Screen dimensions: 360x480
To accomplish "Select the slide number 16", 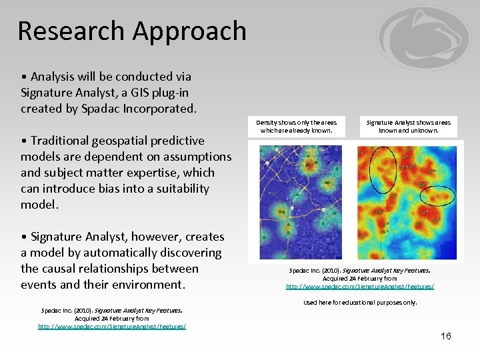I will click(445, 336).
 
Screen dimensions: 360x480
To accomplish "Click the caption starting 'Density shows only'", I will click(297, 126).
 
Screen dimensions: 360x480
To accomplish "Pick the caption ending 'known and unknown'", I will click(409, 126).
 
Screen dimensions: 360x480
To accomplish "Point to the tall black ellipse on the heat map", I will click(382, 169).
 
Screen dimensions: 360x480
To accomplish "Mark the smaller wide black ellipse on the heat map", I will click(437, 195).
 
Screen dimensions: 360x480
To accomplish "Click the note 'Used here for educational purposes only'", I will click(360, 302).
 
